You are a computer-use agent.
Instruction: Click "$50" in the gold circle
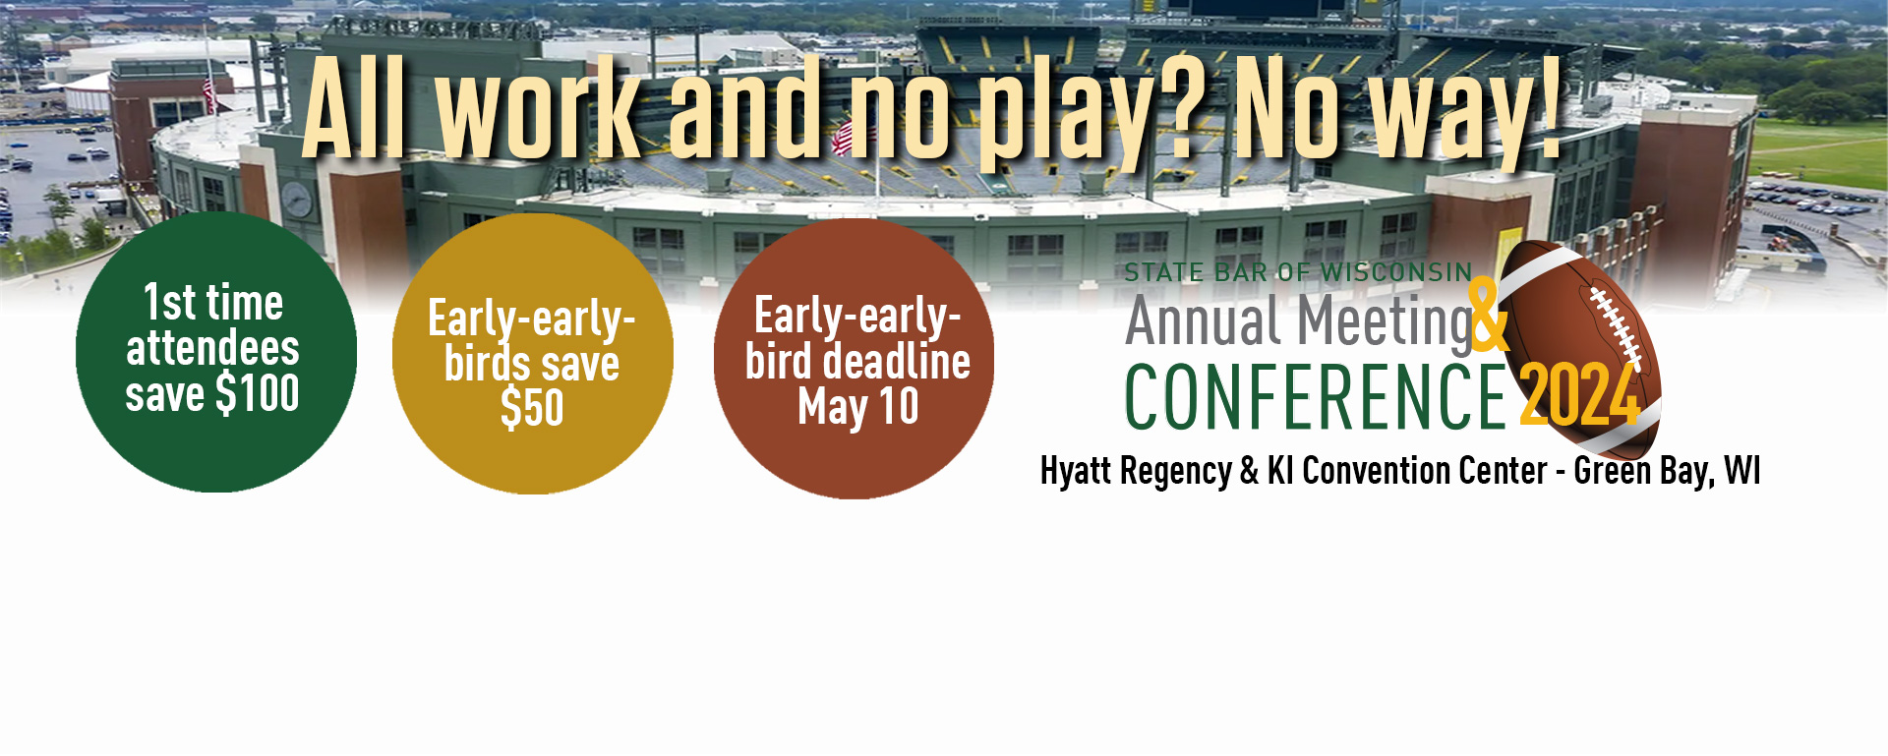pos(532,408)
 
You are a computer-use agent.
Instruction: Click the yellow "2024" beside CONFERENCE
pos(1579,395)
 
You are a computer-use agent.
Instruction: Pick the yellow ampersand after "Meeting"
pos(1488,315)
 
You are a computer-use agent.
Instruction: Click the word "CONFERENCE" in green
pos(1316,396)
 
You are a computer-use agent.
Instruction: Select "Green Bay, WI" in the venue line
pos(1667,471)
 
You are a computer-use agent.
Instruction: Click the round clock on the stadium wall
pos(297,200)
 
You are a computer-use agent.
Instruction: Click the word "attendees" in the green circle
pos(212,348)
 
